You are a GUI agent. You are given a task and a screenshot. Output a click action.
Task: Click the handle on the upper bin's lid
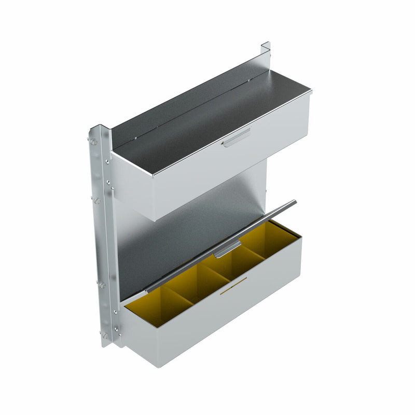click(x=237, y=137)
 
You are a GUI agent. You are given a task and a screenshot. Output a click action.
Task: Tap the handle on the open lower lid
click(x=228, y=249)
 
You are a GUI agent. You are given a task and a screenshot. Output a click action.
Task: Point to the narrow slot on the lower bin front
click(x=233, y=286)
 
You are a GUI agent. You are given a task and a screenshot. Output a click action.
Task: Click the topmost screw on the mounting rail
click(x=94, y=141)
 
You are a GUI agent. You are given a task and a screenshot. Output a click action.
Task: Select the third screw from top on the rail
click(x=102, y=285)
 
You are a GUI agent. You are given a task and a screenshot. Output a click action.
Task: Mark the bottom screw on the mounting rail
click(x=105, y=336)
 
